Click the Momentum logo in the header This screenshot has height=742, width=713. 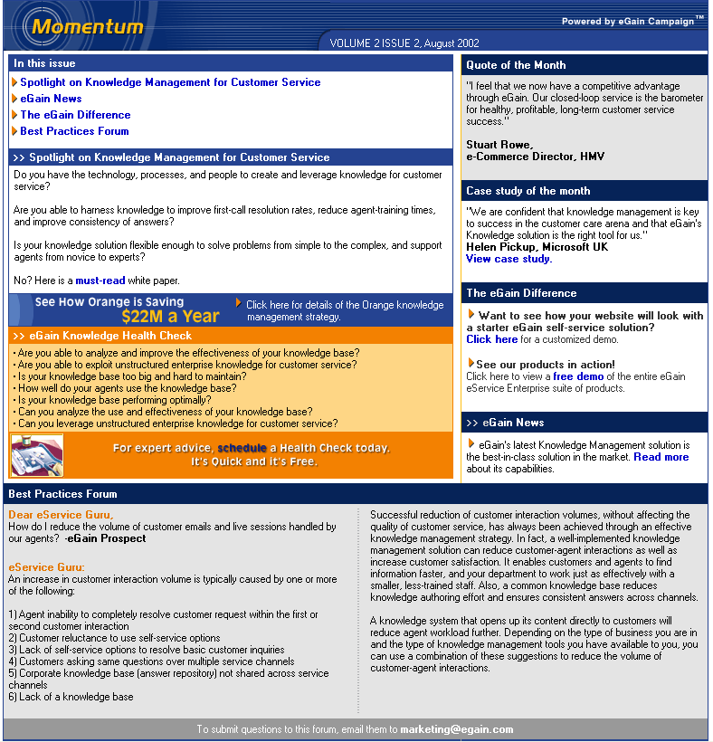(x=87, y=26)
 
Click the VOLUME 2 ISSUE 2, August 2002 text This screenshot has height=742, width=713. (x=404, y=43)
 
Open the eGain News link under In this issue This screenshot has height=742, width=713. (x=51, y=99)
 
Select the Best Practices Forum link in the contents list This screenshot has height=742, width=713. (x=74, y=131)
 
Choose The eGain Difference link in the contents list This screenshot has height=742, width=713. (x=75, y=115)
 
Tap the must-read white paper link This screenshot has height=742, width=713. (x=100, y=281)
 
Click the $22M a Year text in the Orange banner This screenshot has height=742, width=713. (x=170, y=317)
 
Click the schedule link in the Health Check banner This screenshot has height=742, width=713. (x=242, y=448)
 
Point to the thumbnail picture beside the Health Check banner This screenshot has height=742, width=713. (x=36, y=455)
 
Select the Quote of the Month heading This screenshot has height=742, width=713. (x=516, y=65)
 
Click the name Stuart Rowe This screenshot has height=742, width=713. (x=499, y=145)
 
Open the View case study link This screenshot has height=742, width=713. (x=508, y=259)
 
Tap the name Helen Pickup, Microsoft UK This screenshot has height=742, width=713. (x=537, y=247)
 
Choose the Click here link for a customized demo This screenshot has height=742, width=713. (x=491, y=339)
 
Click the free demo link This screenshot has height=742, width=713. (x=578, y=376)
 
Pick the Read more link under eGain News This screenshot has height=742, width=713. (x=661, y=457)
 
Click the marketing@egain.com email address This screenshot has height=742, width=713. (x=456, y=729)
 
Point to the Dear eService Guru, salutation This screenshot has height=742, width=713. (x=61, y=515)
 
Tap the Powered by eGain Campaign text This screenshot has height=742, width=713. (x=631, y=21)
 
